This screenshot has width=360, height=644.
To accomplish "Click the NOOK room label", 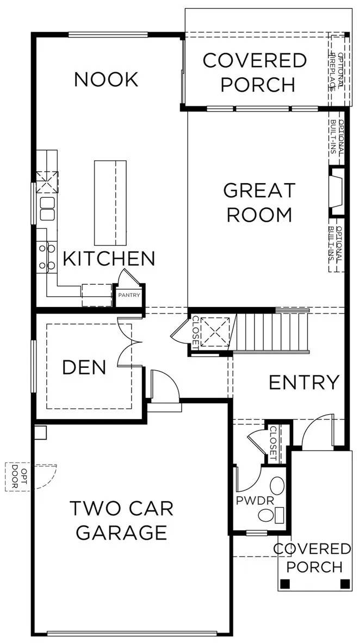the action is pyautogui.click(x=106, y=80).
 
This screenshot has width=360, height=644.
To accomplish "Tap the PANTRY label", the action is pyautogui.click(x=129, y=295).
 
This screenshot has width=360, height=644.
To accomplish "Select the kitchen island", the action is pyautogui.click(x=110, y=203).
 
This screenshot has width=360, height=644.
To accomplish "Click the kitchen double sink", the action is pyautogui.click(x=47, y=209).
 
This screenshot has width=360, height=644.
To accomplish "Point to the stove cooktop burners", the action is pyautogui.click(x=46, y=257).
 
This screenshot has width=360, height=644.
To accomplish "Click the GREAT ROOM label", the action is pyautogui.click(x=259, y=203).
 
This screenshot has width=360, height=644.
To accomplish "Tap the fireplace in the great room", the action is pyautogui.click(x=337, y=191).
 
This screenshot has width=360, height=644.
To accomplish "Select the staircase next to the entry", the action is pyautogui.click(x=271, y=332).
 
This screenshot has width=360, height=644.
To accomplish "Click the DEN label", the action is pyautogui.click(x=84, y=367).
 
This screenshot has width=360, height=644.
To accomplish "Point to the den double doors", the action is pyautogui.click(x=125, y=342).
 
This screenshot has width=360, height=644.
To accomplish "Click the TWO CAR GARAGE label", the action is pyautogui.click(x=121, y=521).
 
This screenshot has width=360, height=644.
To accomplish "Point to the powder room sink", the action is pyautogui.click(x=277, y=486).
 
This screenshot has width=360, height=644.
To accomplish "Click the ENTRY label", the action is pyautogui.click(x=304, y=383).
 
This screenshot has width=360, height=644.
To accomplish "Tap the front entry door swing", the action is pyautogui.click(x=317, y=430).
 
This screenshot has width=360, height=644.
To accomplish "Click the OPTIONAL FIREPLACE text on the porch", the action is pyautogui.click(x=336, y=70).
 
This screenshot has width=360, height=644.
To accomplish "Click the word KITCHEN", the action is pyautogui.click(x=109, y=259).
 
